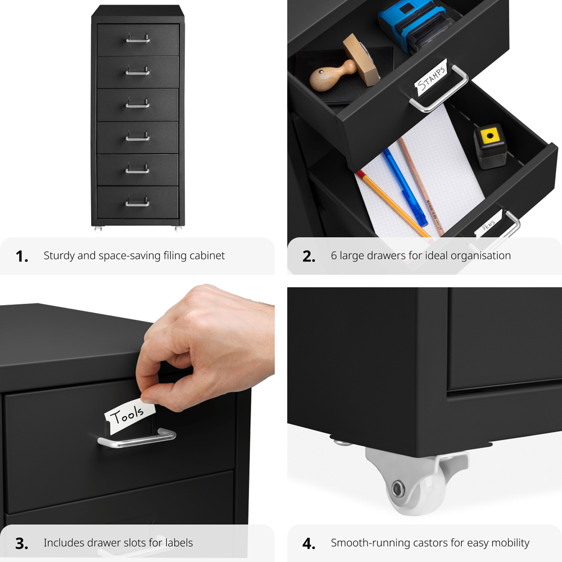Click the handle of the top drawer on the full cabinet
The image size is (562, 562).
[x=138, y=39]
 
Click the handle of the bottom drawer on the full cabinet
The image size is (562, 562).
[x=138, y=202]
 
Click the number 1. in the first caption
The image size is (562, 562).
[x=22, y=256]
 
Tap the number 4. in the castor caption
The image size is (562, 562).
[x=309, y=543]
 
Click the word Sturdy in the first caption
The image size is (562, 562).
[x=58, y=256]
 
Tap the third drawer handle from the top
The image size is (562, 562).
[x=138, y=105]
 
